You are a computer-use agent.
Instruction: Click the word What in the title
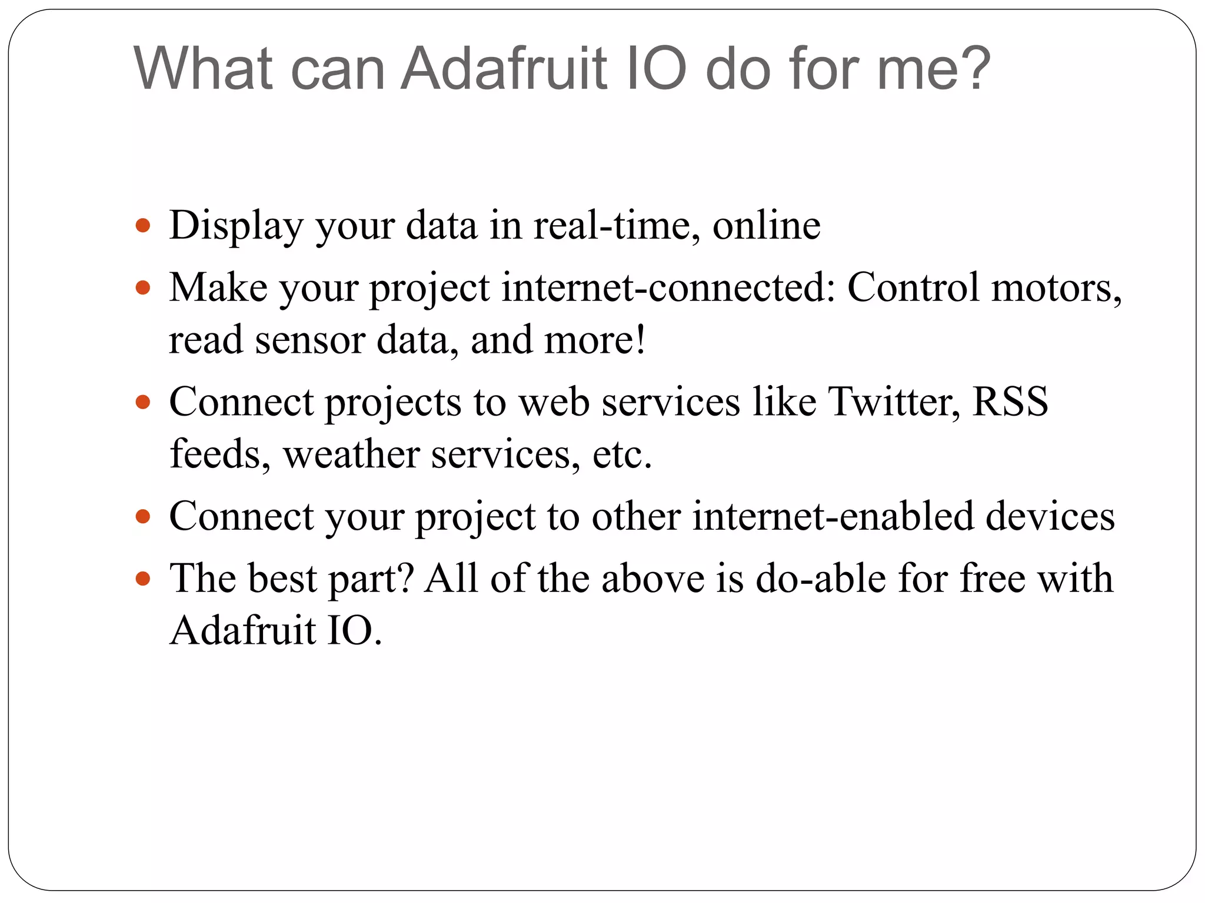pyautogui.click(x=204, y=69)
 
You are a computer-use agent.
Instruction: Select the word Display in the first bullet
pyautogui.click(x=235, y=226)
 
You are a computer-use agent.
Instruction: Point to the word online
pyautogui.click(x=766, y=226)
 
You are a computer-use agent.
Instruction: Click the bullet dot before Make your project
pyautogui.click(x=143, y=288)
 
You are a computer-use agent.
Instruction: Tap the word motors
pyautogui.click(x=1056, y=288)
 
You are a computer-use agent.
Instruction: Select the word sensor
pyautogui.click(x=309, y=340)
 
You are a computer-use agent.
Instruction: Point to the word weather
pyautogui.click(x=351, y=454)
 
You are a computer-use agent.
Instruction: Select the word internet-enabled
pyautogui.click(x=833, y=517)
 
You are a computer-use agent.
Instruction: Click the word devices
pyautogui.click(x=1050, y=517)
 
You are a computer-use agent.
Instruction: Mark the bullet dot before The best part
pyautogui.click(x=143, y=579)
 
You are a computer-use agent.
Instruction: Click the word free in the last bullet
pyautogui.click(x=993, y=579)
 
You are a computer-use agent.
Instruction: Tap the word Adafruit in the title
pyautogui.click(x=504, y=69)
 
